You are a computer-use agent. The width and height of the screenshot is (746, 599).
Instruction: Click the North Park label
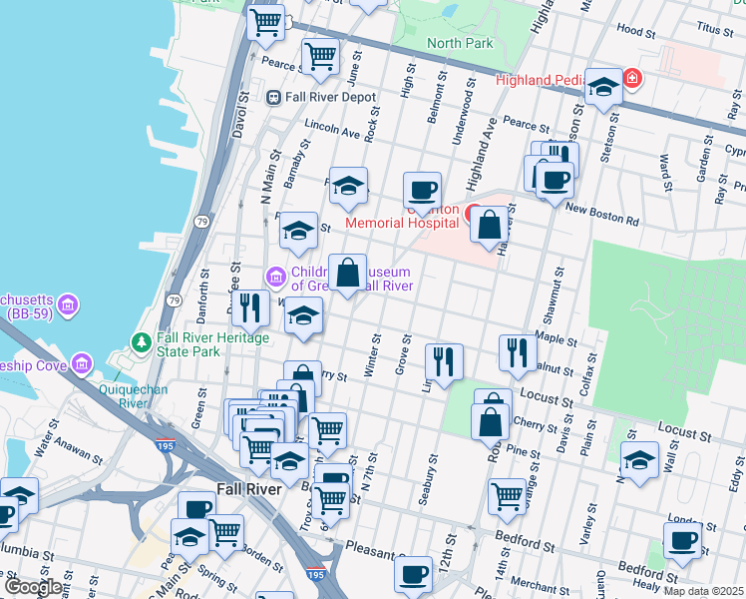[x=460, y=43]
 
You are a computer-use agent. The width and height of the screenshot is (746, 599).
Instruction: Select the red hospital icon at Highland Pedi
[x=631, y=77]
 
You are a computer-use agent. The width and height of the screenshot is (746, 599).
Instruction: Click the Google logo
[x=34, y=588]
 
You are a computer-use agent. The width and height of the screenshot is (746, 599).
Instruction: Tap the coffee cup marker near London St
[x=682, y=540]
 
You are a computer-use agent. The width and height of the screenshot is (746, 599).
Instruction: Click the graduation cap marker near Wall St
[x=639, y=459]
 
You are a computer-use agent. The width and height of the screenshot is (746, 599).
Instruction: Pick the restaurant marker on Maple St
[x=517, y=352]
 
